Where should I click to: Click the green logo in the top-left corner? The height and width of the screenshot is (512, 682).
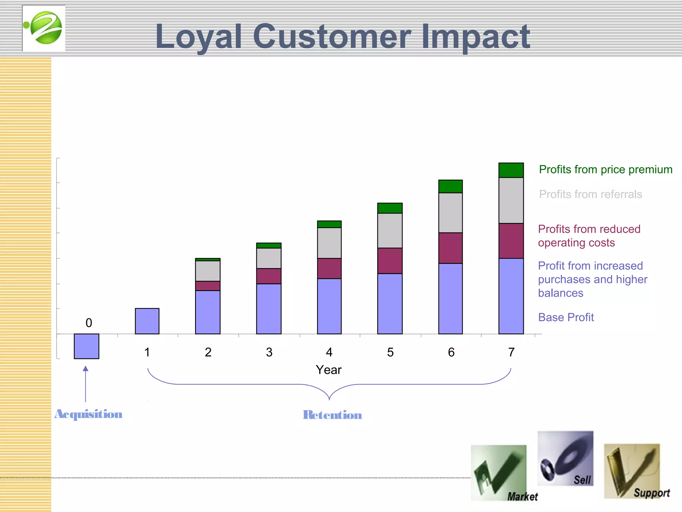coord(44,28)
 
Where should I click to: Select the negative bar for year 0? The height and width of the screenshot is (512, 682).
coord(87,346)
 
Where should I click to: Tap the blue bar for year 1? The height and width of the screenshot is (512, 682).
coord(147,321)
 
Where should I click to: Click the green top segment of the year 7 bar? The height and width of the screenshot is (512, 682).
coord(511,170)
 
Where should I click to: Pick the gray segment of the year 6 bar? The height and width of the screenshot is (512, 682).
coord(450,213)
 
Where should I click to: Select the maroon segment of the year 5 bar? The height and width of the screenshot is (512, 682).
coord(390,261)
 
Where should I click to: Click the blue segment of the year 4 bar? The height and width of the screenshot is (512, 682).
coord(329,306)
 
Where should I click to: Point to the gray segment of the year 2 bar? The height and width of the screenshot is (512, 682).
coord(208,271)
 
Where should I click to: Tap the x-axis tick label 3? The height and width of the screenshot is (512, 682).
coord(269,352)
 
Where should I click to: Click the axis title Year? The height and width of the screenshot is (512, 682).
coord(329,370)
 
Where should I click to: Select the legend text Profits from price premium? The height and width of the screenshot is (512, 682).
coord(605,169)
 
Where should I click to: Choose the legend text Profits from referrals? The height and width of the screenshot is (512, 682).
coord(590,194)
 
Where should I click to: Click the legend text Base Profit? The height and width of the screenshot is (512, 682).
coord(566,317)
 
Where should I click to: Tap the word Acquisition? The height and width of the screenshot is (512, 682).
coord(89,414)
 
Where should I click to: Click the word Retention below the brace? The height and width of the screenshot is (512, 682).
coord(332,415)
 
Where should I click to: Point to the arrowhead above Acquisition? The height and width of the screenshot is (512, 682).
coord(86,369)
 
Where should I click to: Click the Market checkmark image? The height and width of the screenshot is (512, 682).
coord(499,473)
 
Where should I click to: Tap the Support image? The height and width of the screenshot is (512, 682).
coord(632,471)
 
